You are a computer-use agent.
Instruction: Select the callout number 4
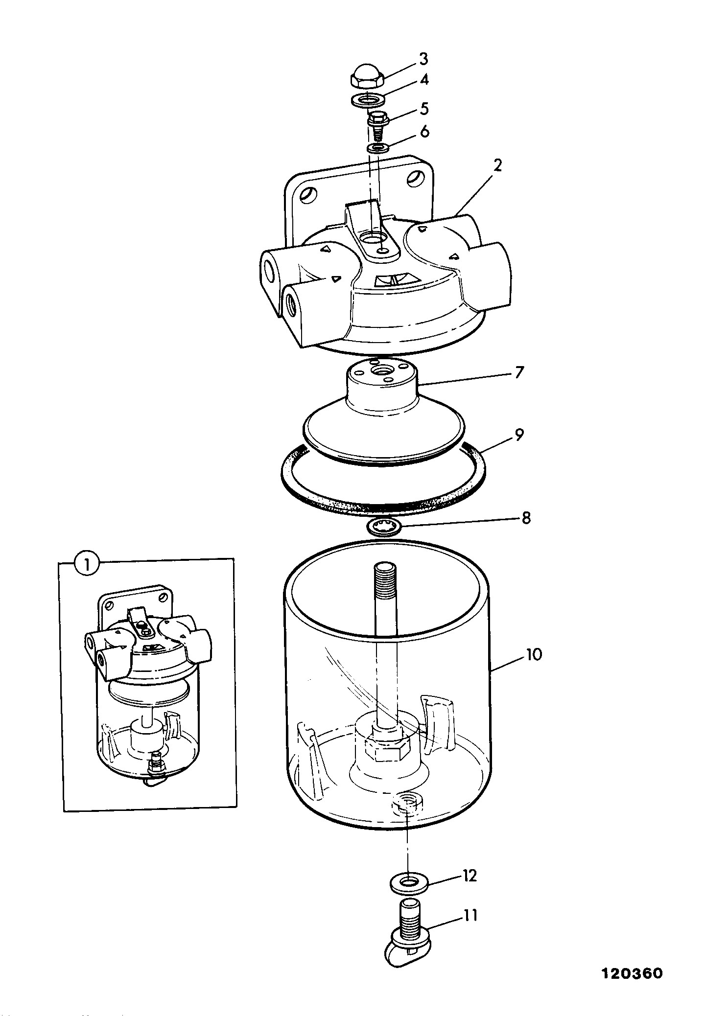[x=424, y=80]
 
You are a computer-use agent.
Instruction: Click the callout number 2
[x=497, y=165]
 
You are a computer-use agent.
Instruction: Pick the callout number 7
[x=519, y=372]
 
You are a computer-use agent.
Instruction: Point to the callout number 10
[x=534, y=655]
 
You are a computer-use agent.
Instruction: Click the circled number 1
[x=87, y=565]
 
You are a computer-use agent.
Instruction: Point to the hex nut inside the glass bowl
[x=390, y=749]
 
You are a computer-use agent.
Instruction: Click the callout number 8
[x=526, y=518]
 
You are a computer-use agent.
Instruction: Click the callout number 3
[x=423, y=59]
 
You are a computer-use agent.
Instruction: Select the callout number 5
[x=424, y=108]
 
